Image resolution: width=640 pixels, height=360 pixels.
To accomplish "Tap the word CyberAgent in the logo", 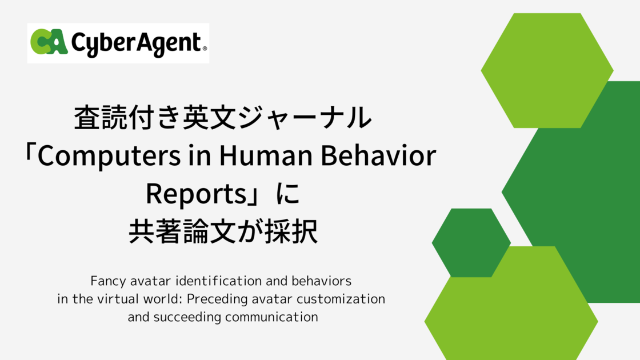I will pyautogui.click(x=136, y=43).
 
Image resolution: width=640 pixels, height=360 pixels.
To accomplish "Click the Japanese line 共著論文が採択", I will pyautogui.click(x=223, y=233).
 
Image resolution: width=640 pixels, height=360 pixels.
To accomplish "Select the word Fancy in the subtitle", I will pyautogui.click(x=105, y=282).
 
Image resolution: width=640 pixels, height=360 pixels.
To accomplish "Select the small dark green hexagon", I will pyautogui.click(x=471, y=242).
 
